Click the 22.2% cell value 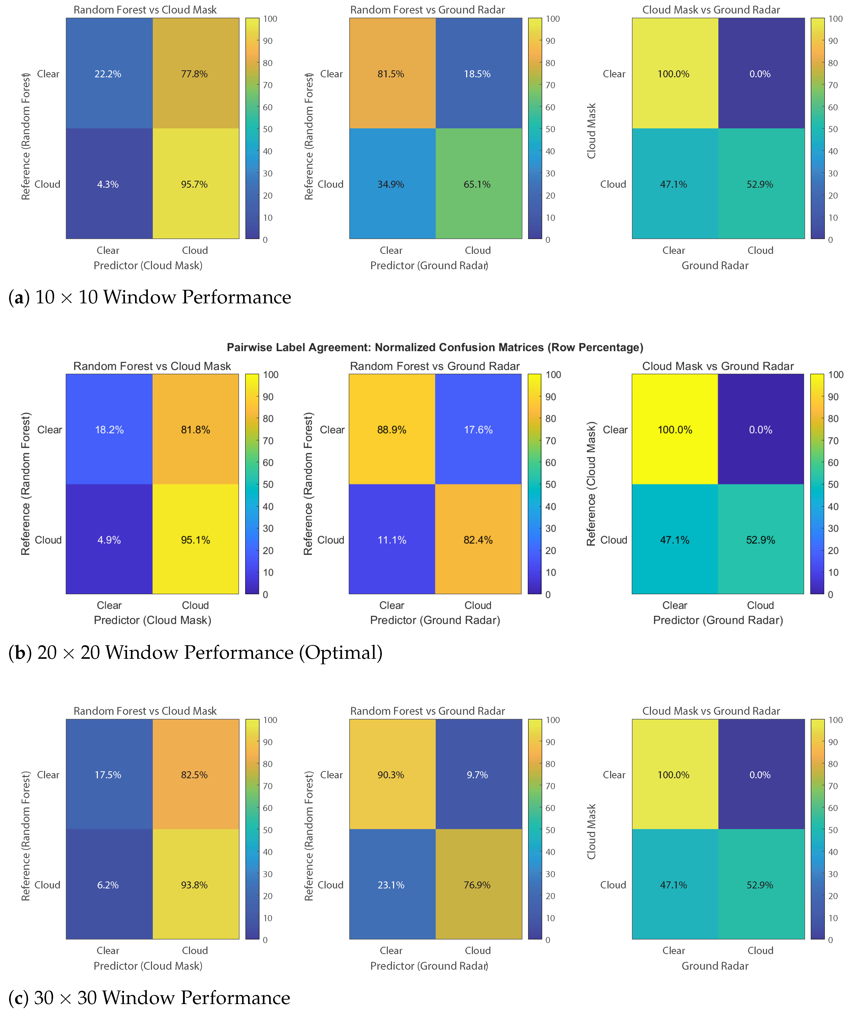coord(108,74)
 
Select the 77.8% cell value coord(194,74)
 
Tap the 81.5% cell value coord(391,74)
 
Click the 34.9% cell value coord(391,184)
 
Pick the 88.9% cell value coord(392,430)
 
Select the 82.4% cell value coord(478,540)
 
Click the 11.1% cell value coord(392,540)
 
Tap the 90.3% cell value coord(391,775)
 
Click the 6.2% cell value coord(108,885)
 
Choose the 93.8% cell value coord(194,885)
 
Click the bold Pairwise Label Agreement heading coord(435,348)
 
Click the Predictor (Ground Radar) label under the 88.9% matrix coord(435,620)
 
